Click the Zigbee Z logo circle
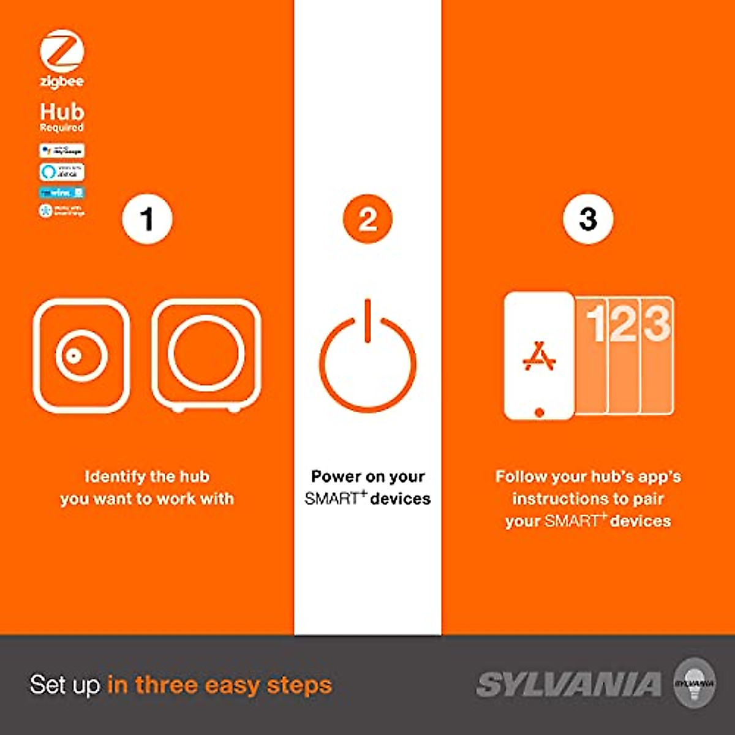(x=61, y=51)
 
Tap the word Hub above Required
(x=62, y=111)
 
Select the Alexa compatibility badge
(x=62, y=171)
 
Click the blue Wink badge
(x=62, y=192)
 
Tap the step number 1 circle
(x=147, y=219)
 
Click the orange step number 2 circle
(x=367, y=219)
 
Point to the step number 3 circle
(x=588, y=219)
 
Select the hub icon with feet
(x=206, y=355)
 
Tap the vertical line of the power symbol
(x=367, y=320)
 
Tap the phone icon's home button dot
(x=539, y=412)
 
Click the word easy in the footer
(x=232, y=684)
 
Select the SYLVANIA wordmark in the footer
(x=569, y=684)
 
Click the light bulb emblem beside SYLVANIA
(x=694, y=683)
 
